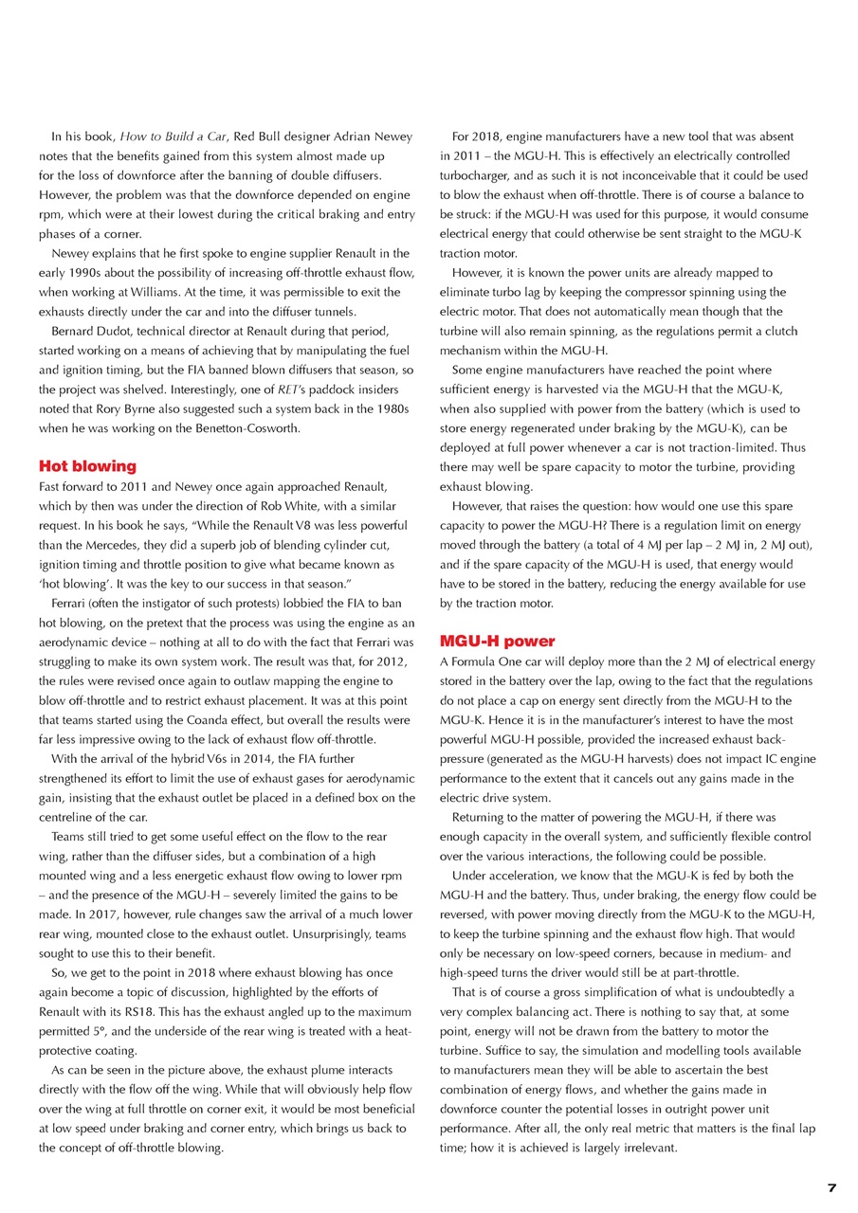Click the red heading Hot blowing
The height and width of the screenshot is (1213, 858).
(87, 466)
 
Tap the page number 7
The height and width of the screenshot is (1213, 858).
(831, 1188)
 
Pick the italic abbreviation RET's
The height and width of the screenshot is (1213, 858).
(301, 389)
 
